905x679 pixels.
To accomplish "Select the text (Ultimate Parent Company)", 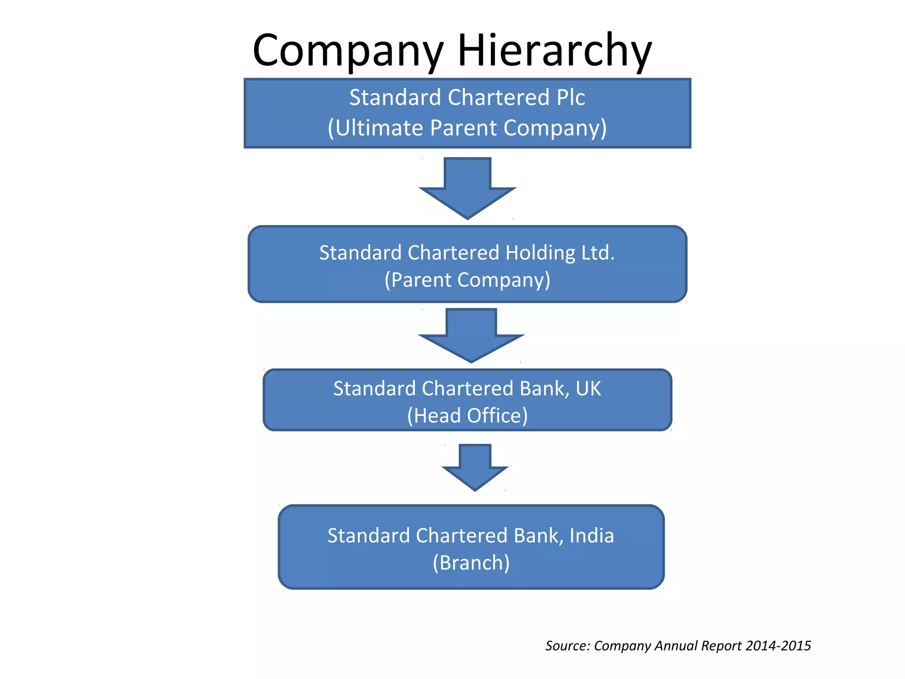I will click(x=467, y=128).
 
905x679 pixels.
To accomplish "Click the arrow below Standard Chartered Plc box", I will click(x=468, y=188).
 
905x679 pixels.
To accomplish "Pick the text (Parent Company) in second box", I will click(x=467, y=280).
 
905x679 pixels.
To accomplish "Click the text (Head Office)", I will click(x=467, y=416).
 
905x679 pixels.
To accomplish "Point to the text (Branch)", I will click(x=471, y=563).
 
